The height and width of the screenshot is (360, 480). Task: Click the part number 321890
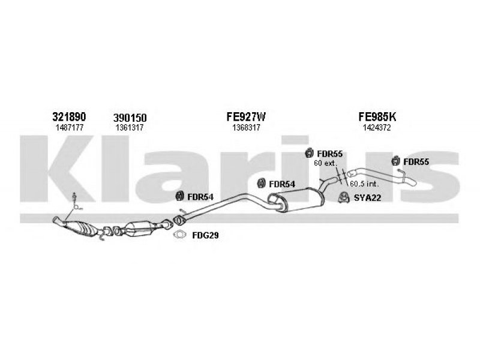tap(70, 116)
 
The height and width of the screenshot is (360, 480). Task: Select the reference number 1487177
tap(70, 127)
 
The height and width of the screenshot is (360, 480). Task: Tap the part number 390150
tap(130, 118)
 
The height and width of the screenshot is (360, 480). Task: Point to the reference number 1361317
tap(130, 128)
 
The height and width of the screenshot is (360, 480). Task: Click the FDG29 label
tap(205, 236)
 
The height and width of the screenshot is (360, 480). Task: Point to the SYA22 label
tap(367, 197)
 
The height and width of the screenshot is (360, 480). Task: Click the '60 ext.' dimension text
tap(326, 163)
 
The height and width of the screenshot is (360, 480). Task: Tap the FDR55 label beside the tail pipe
tap(416, 161)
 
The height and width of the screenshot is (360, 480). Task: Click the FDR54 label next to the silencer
tap(281, 184)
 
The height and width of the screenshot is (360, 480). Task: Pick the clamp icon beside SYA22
tap(344, 197)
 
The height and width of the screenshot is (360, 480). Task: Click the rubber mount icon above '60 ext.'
tap(310, 152)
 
